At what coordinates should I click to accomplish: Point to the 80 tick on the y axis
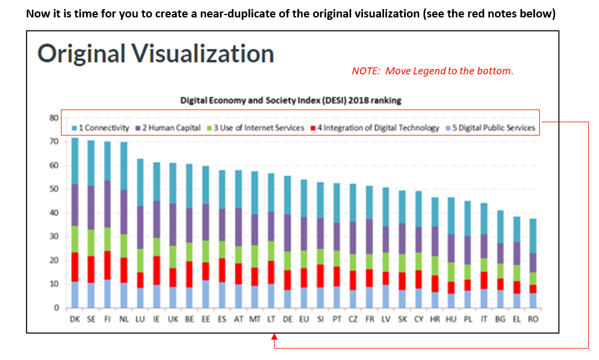click(x=54, y=118)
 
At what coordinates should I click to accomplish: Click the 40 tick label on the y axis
click(x=54, y=213)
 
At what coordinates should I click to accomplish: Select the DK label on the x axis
click(x=75, y=320)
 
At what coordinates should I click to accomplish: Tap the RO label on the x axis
click(x=532, y=320)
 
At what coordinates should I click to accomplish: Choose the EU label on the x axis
click(x=303, y=320)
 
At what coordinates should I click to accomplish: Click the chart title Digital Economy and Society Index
click(x=291, y=101)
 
